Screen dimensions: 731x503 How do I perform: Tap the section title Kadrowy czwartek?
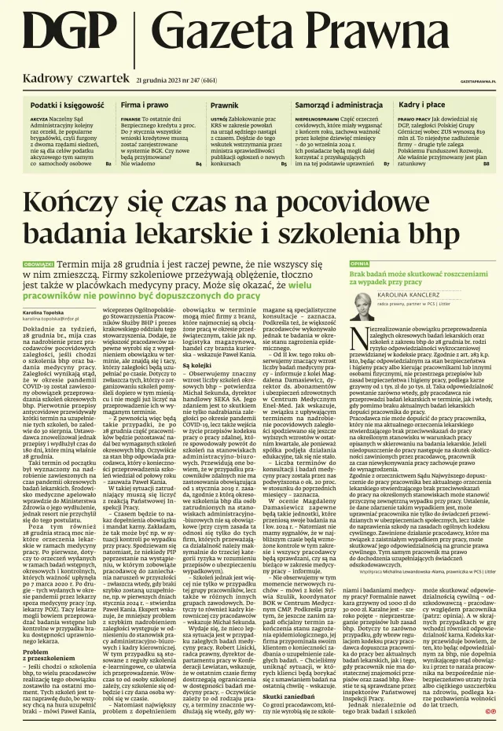click(x=75, y=79)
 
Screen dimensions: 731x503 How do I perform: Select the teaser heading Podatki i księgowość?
click(x=67, y=105)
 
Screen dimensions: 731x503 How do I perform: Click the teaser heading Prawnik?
click(x=224, y=105)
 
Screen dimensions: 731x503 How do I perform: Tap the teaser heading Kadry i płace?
click(x=422, y=105)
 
